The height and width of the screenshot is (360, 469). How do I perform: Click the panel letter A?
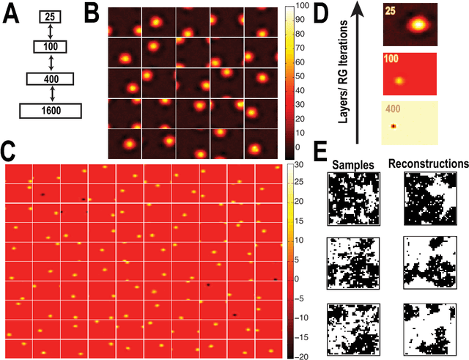pos(12,12)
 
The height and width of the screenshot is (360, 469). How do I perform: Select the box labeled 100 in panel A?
pos(51,47)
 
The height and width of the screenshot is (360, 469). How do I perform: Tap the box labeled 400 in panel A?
pos(51,78)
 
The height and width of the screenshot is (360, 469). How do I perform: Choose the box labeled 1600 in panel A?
pos(51,110)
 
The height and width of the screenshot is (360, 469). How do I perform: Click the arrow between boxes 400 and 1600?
pos(51,94)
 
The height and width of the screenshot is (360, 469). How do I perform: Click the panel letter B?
pos(93,12)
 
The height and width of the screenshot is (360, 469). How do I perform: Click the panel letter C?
pos(9,153)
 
